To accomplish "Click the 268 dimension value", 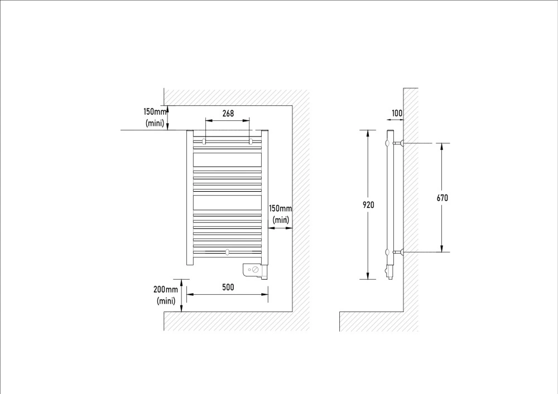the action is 228,113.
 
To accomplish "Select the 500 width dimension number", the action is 228,287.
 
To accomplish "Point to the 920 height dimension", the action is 368,205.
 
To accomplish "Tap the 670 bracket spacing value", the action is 442,198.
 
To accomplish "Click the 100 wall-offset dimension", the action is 397,113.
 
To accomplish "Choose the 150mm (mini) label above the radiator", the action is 155,117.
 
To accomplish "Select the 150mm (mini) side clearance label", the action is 281,214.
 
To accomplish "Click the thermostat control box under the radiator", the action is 255,271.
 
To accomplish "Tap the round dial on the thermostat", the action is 255,270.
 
